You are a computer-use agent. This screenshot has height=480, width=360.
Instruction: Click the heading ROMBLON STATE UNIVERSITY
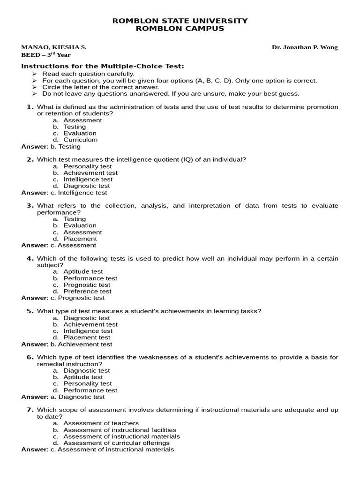(x=180, y=21)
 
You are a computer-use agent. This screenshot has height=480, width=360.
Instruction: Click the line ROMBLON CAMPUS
(x=180, y=29)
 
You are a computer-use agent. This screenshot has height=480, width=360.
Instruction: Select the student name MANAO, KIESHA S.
(x=53, y=47)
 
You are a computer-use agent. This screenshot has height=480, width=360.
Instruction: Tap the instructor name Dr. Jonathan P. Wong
(x=305, y=47)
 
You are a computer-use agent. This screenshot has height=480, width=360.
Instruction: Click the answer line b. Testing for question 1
(x=51, y=147)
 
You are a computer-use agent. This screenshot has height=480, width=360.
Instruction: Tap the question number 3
(x=30, y=206)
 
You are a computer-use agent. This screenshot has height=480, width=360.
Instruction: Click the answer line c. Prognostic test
(x=63, y=298)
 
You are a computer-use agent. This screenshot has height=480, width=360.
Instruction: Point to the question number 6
(x=30, y=357)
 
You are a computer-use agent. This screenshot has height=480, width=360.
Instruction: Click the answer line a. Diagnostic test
(x=63, y=397)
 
